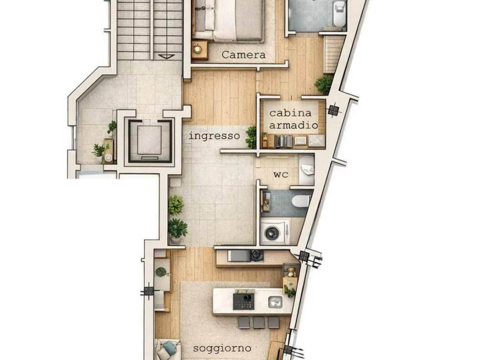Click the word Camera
click(243, 55)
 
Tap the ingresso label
click(214, 135)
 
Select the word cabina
click(290, 113)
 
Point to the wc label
click(280, 175)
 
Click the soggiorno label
click(222, 348)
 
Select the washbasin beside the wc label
click(307, 170)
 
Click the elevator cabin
click(149, 140)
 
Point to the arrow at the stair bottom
click(166, 56)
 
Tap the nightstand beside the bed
click(200, 50)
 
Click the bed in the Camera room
click(228, 20)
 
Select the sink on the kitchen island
click(275, 302)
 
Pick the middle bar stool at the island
click(259, 322)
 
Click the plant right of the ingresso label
click(251, 137)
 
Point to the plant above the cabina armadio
click(324, 84)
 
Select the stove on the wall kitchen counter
click(257, 255)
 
